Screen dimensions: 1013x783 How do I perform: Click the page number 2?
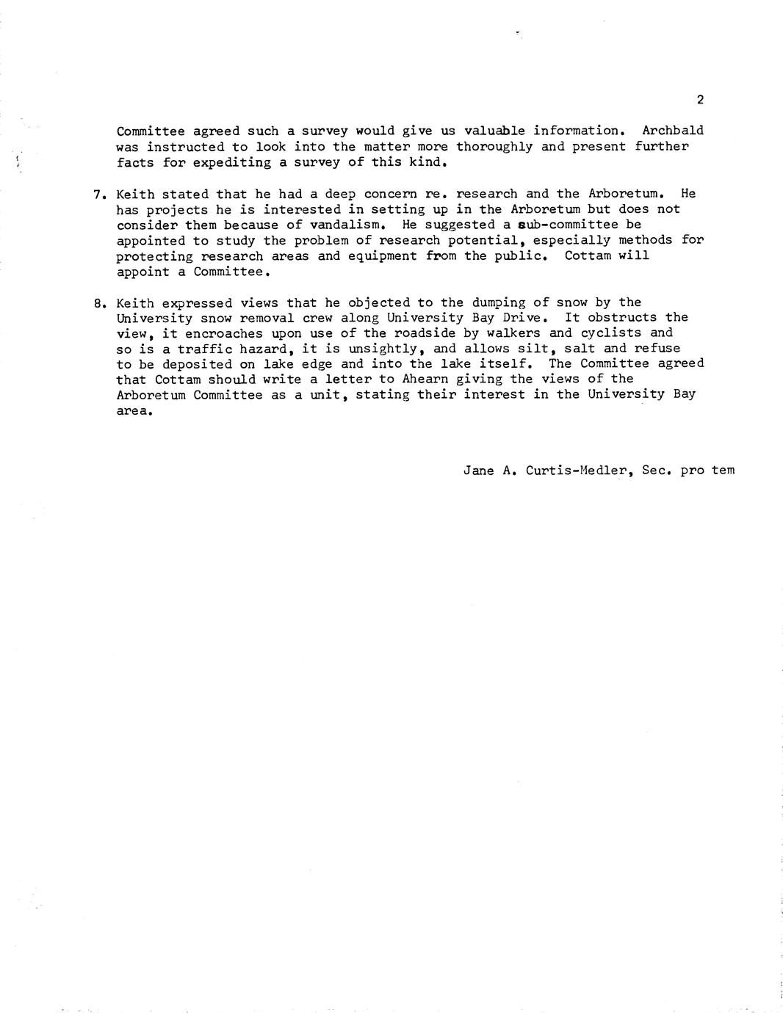click(x=700, y=100)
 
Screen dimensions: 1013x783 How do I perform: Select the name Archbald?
click(x=672, y=131)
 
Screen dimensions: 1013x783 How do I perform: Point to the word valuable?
click(x=494, y=131)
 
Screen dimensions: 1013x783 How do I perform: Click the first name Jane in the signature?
click(x=478, y=470)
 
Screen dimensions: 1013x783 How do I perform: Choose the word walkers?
click(x=510, y=333)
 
